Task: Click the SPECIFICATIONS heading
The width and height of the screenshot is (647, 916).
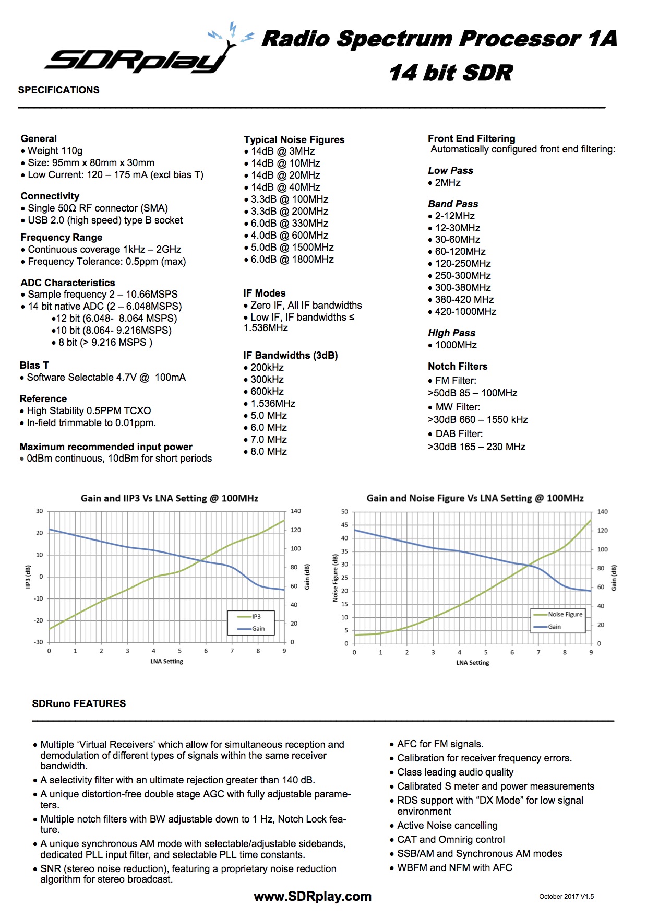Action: (58, 90)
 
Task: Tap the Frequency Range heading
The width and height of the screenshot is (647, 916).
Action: (62, 238)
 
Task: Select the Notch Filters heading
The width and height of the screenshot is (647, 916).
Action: (458, 367)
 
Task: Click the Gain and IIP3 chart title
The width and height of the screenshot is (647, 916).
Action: (170, 498)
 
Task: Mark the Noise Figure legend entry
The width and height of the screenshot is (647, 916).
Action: (565, 615)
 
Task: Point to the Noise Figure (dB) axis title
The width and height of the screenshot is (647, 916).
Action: (336, 578)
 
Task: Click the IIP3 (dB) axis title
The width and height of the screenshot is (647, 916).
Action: (28, 577)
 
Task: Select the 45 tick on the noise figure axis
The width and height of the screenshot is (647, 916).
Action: (344, 525)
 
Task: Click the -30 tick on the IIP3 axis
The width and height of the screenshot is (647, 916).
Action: (39, 642)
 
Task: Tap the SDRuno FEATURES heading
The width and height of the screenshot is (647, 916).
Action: (79, 704)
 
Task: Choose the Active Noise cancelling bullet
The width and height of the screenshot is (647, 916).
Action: (447, 826)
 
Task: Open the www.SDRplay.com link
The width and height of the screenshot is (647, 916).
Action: (313, 897)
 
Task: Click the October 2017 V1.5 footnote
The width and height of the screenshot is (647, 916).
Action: (566, 897)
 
